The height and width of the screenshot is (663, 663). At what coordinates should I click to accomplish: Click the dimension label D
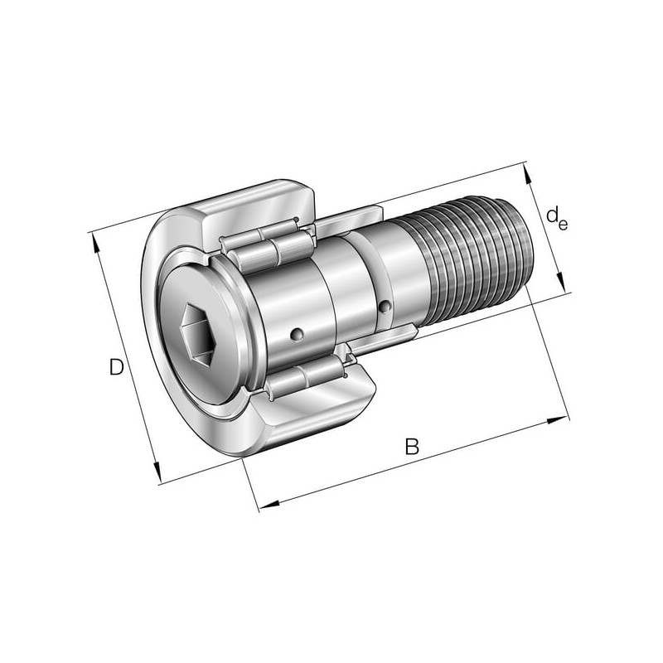[116, 367]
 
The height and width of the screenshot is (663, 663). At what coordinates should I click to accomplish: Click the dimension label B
[411, 447]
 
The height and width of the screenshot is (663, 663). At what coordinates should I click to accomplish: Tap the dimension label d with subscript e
[556, 219]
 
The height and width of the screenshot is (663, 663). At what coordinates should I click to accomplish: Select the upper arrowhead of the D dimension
[95, 243]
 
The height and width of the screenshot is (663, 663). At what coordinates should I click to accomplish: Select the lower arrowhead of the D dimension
[157, 473]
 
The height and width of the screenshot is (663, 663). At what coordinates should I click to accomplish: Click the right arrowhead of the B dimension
[558, 420]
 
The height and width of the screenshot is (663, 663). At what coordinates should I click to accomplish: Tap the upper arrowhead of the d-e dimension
[527, 173]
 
